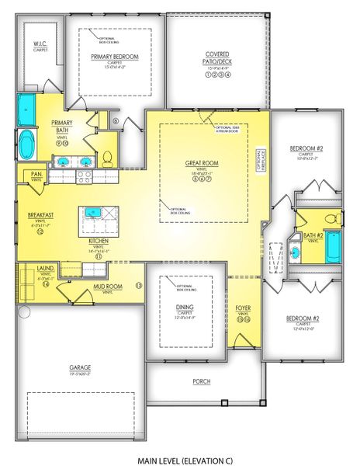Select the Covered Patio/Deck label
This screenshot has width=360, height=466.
[217, 57]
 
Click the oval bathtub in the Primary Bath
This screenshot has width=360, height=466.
[26, 144]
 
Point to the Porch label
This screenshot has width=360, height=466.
[201, 381]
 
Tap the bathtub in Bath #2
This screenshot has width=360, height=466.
[332, 247]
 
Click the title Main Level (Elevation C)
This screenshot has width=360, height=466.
[184, 460]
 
